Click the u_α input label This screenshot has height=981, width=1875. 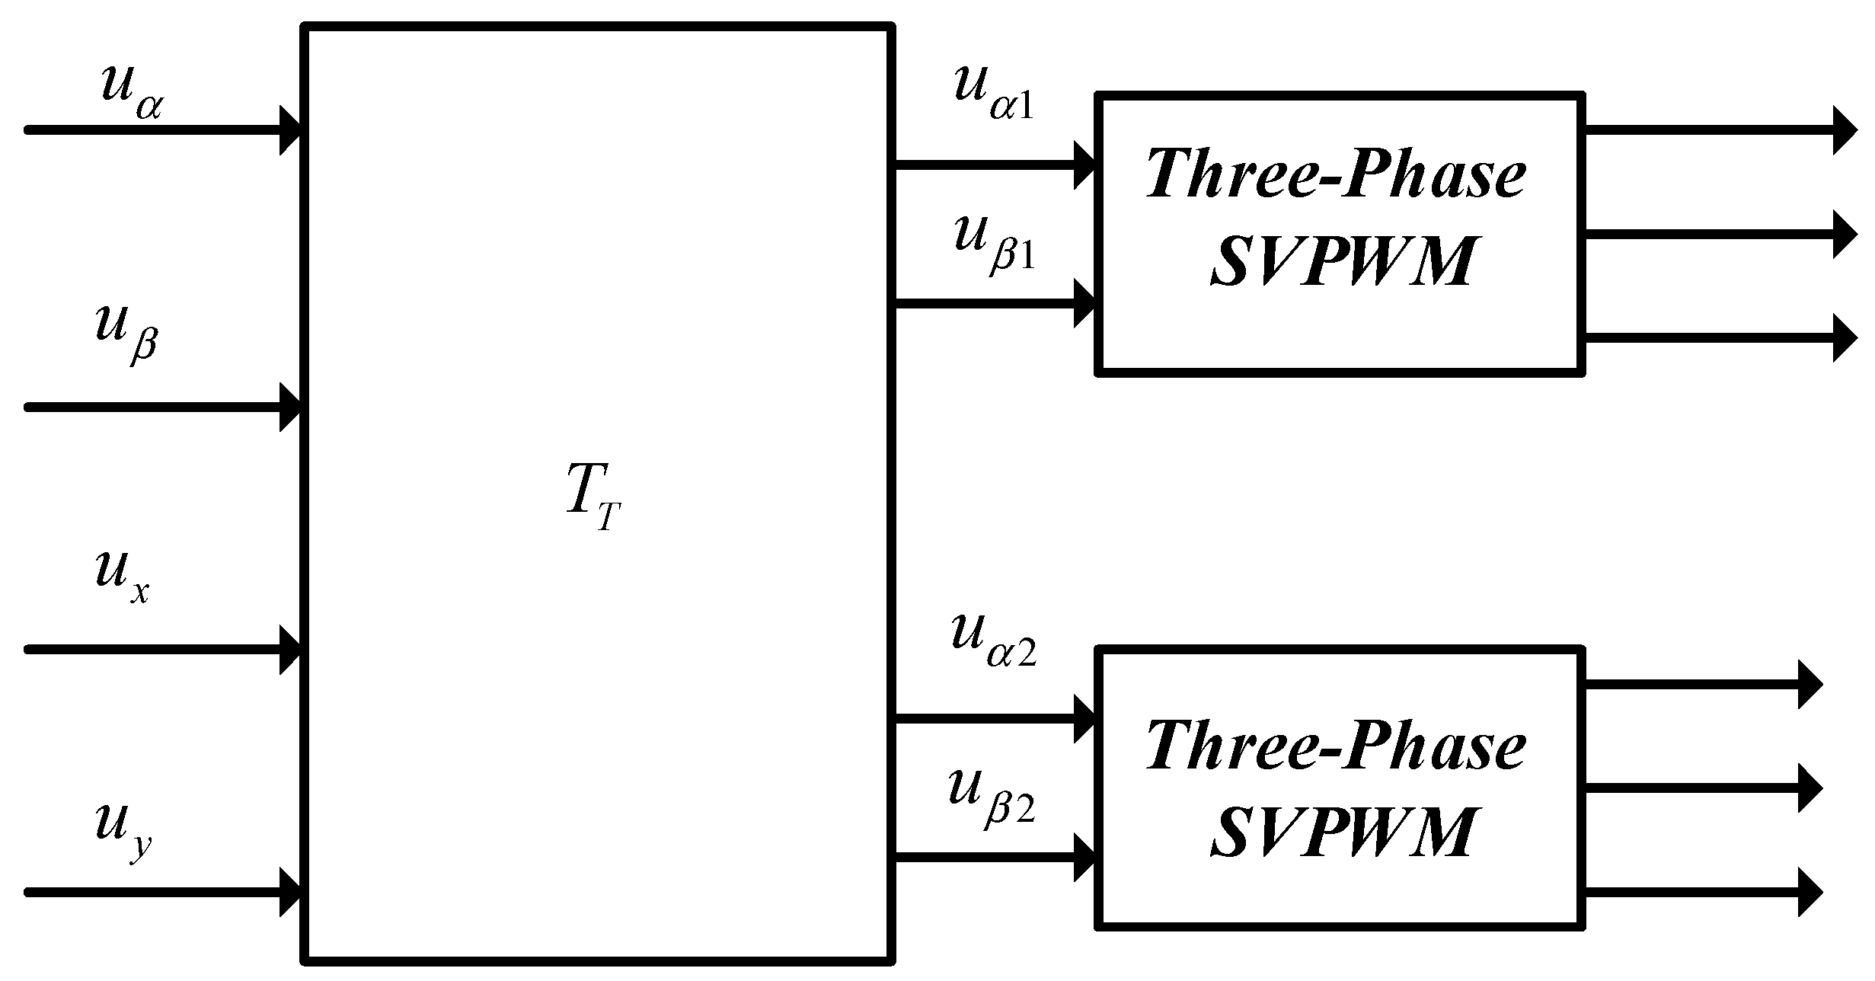(131, 91)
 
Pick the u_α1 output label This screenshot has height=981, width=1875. (995, 93)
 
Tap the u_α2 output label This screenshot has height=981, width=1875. (995, 641)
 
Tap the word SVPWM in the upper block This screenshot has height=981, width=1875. (1341, 260)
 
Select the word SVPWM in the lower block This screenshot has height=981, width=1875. (1341, 831)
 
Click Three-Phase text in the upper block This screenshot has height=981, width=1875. (1337, 174)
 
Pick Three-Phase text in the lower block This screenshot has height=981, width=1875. (1337, 743)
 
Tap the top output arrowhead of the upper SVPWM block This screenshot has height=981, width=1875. (1845, 130)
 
